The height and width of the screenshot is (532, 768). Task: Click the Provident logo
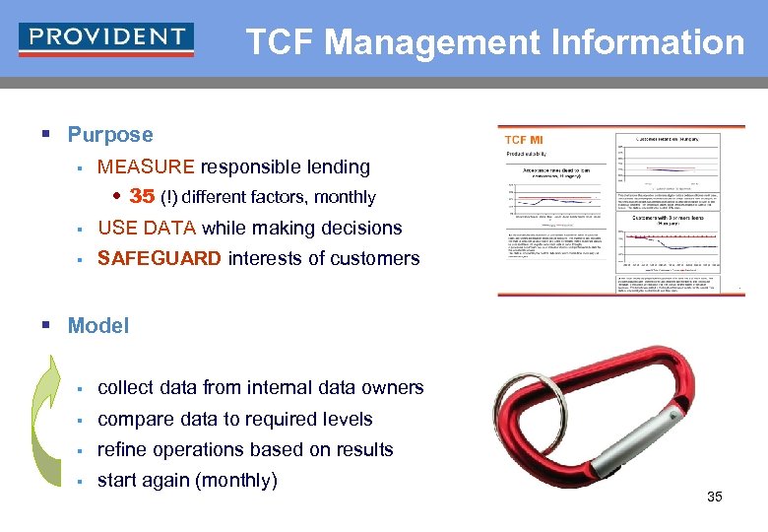point(106,38)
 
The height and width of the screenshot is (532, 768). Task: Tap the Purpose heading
point(110,135)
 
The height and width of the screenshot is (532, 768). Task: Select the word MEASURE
point(147,167)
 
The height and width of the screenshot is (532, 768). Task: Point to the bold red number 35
point(142,196)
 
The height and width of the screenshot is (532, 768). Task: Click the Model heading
point(98,326)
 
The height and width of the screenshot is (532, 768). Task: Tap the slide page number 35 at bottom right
point(715,497)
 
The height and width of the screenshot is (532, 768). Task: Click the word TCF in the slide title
point(281,42)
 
